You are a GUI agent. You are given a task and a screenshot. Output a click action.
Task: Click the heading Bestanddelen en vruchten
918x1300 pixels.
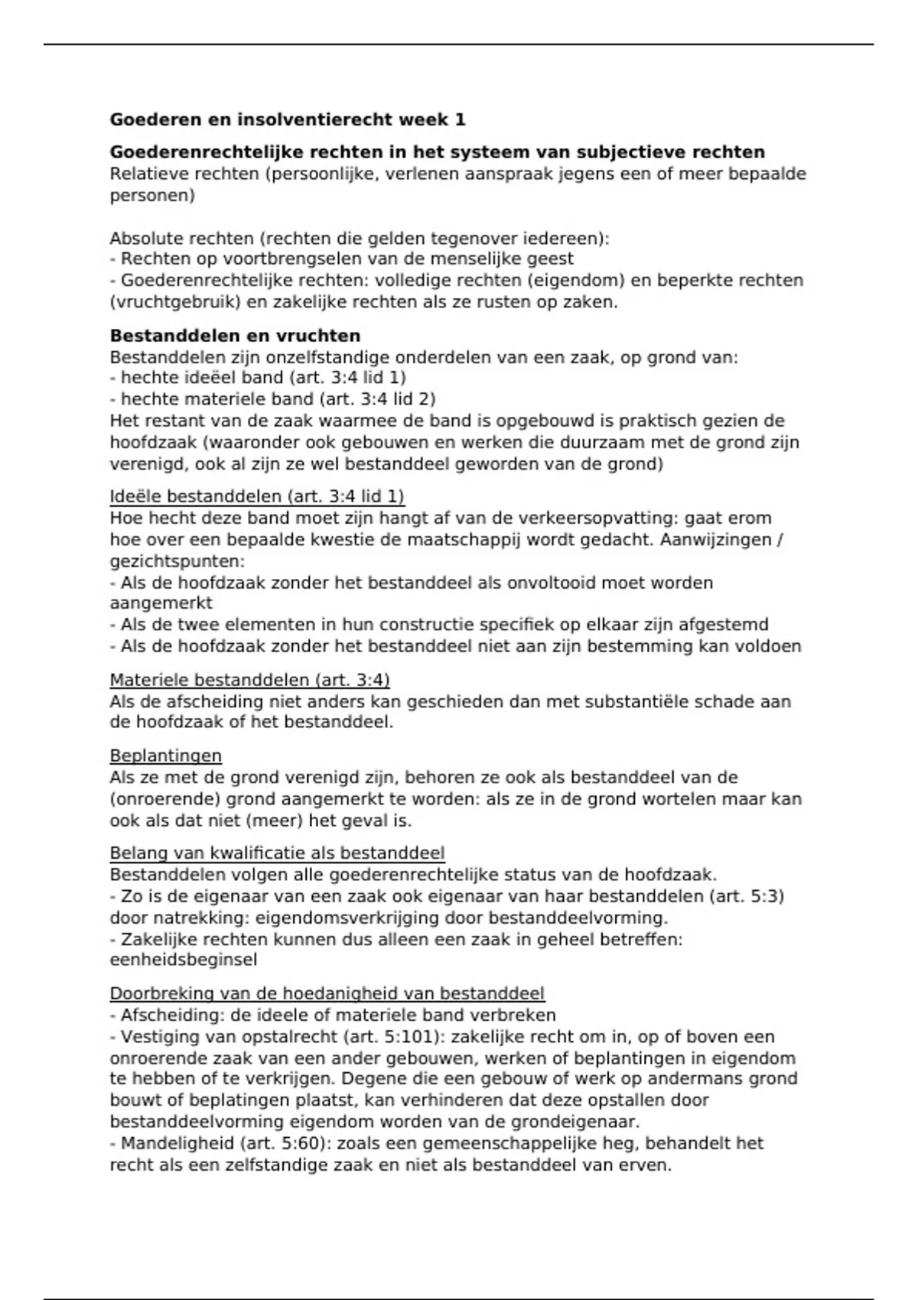pos(235,336)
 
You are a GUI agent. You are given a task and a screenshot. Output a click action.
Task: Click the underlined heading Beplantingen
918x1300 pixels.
pos(165,756)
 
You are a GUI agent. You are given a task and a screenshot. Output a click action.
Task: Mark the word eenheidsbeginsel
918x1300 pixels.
pos(183,960)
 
